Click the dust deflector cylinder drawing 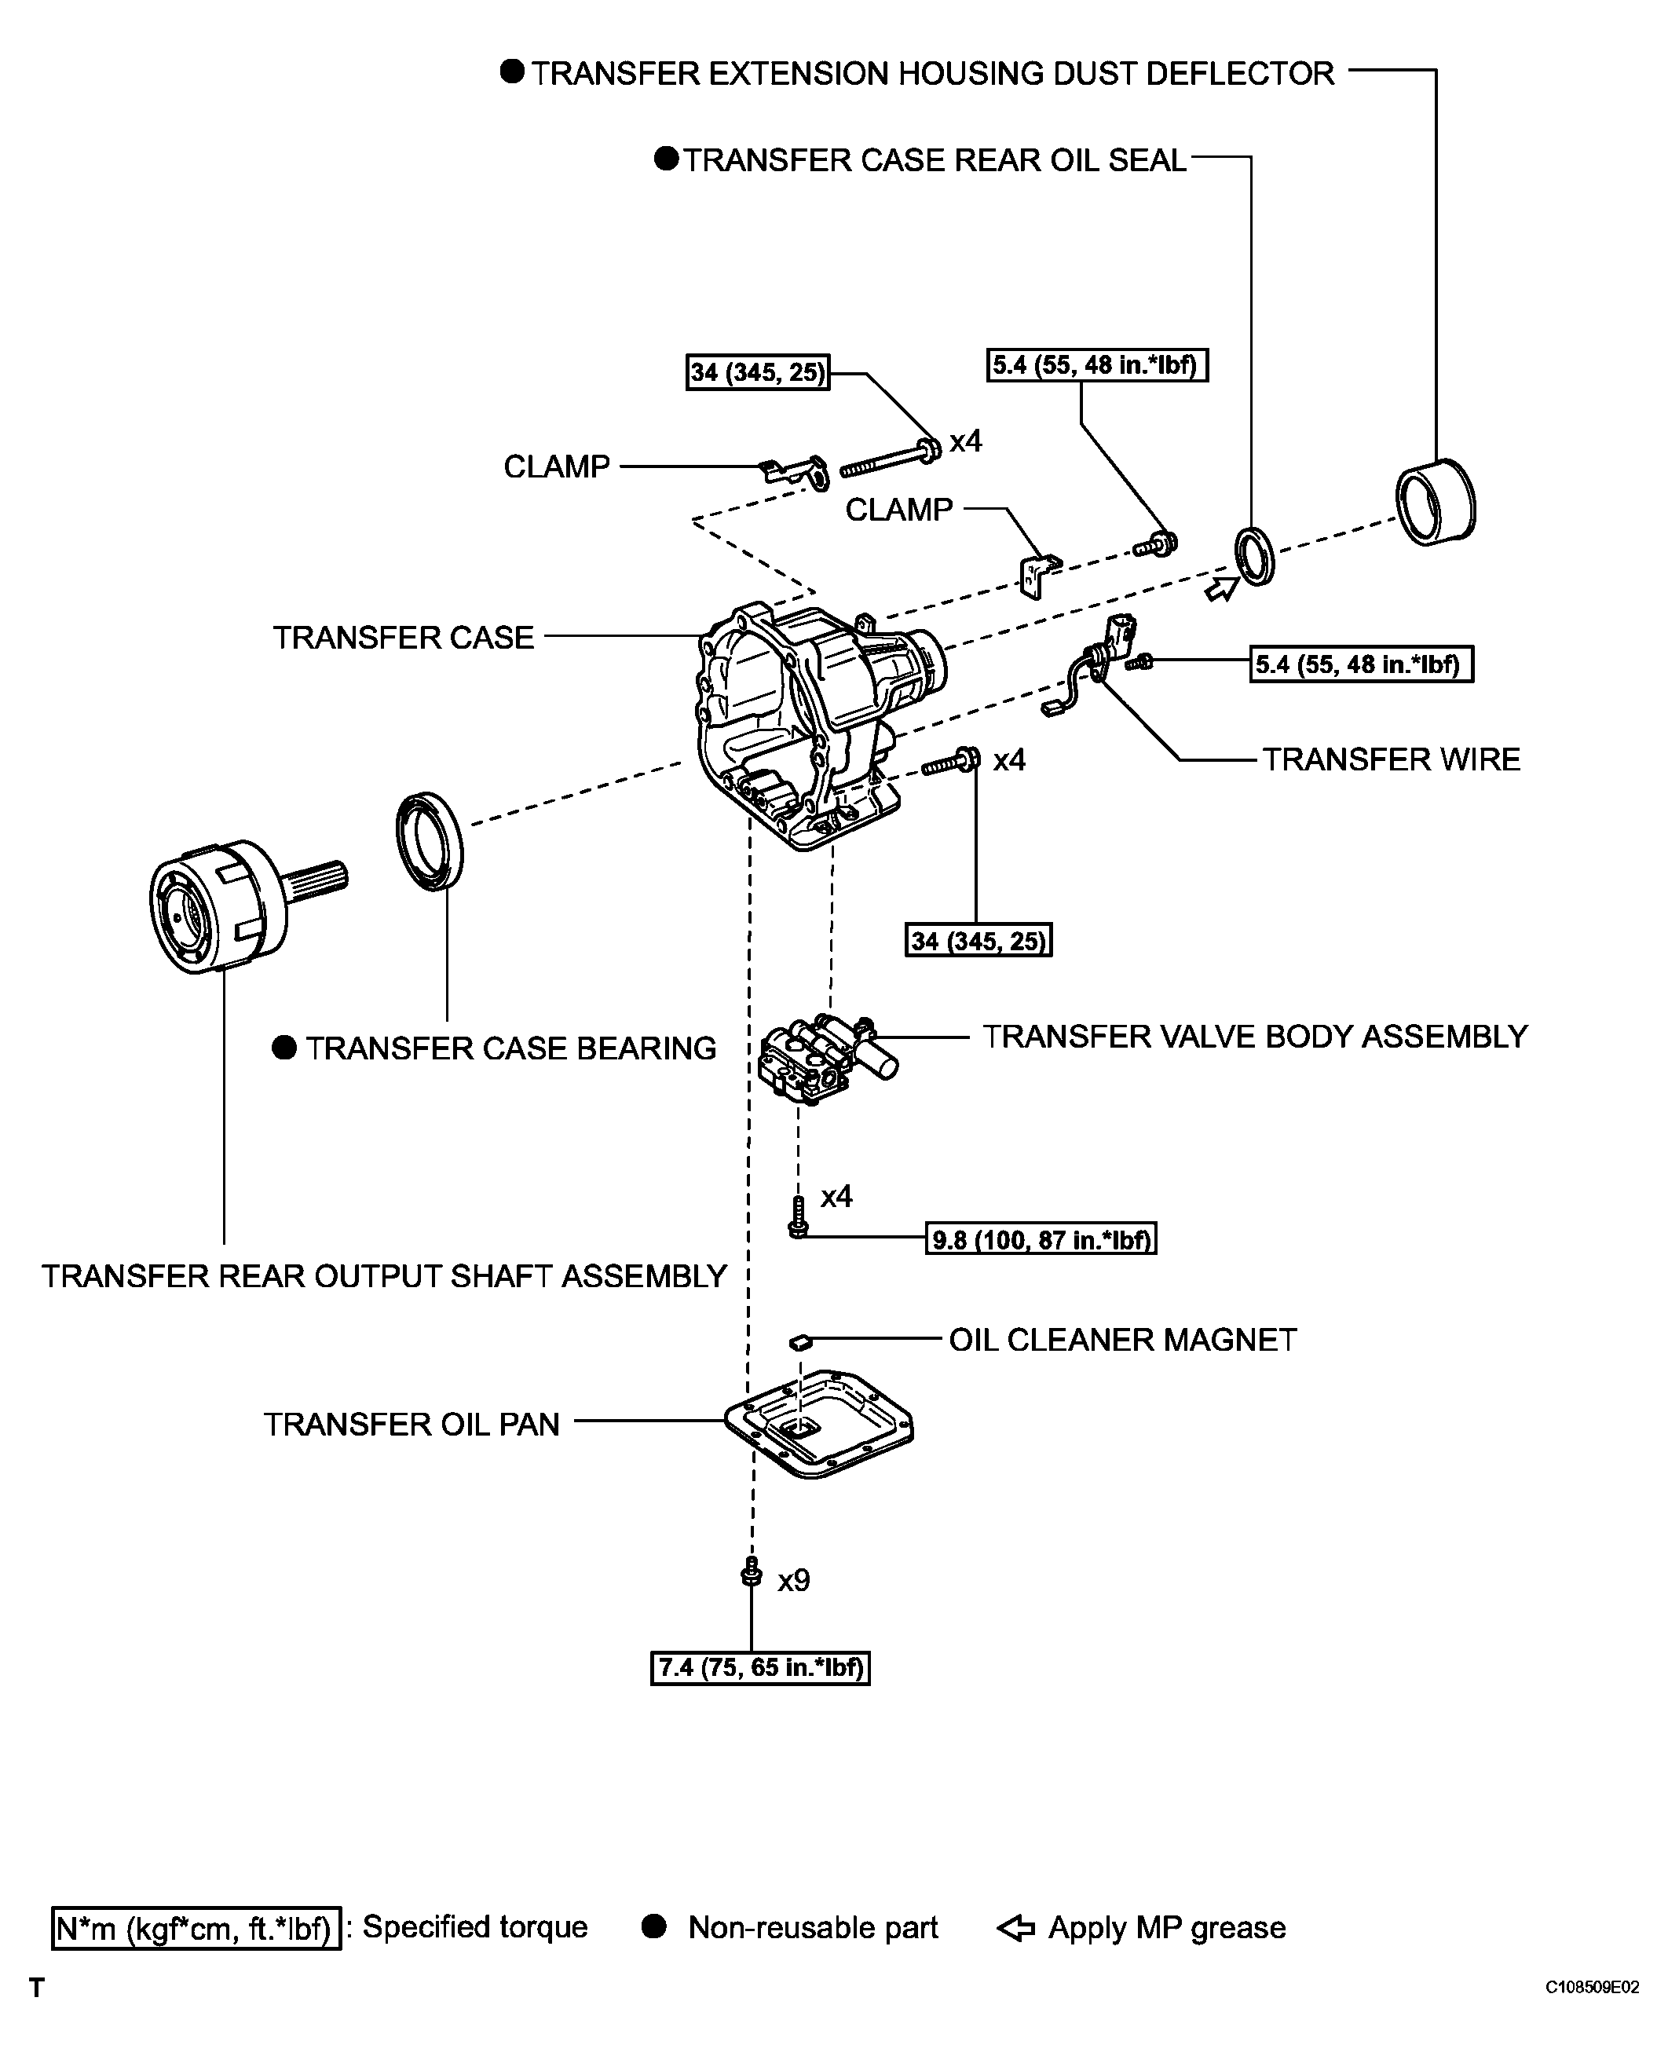pos(1436,503)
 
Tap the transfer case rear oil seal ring pos(1255,556)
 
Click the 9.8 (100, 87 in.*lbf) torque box pos(1041,1239)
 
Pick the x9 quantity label pos(794,1580)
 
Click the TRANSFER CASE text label pos(403,637)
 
